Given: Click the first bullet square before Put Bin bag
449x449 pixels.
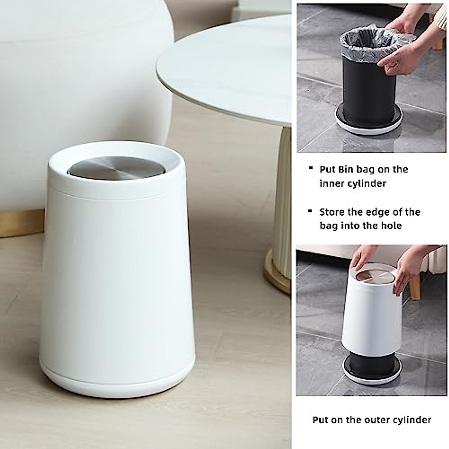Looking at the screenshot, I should point(310,168).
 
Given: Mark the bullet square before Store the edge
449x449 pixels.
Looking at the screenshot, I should point(310,211).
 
